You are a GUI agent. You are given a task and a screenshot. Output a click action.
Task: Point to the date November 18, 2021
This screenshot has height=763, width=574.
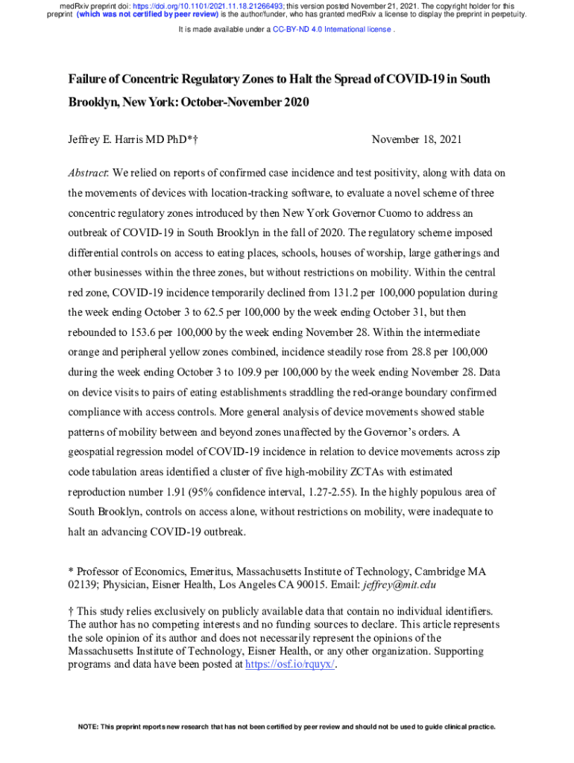pyautogui.click(x=417, y=139)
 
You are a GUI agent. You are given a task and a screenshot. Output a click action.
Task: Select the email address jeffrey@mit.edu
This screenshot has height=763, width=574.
pyautogui.click(x=399, y=584)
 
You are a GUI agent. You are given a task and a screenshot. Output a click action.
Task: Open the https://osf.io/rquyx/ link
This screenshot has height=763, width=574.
pyautogui.click(x=290, y=665)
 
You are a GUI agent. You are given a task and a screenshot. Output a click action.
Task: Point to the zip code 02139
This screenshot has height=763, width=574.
pyautogui.click(x=83, y=584)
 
